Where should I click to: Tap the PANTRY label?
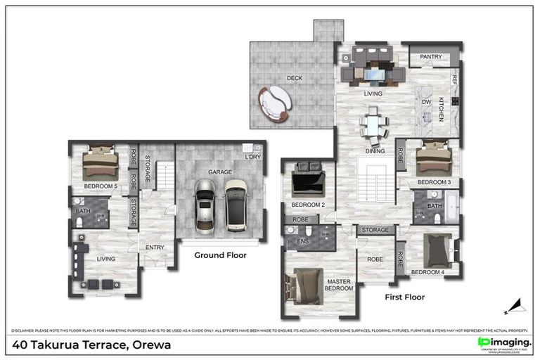coord(430,56)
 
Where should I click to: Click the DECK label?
coord(294,78)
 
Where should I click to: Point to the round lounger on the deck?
coord(275,104)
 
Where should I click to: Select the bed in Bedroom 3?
coord(432,160)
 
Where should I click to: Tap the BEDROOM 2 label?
coord(308,205)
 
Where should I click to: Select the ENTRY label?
coord(155,247)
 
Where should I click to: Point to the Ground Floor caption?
coord(220,255)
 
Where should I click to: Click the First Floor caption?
coord(404,297)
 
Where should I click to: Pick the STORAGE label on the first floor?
coord(375,230)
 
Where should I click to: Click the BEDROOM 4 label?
coord(427,272)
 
